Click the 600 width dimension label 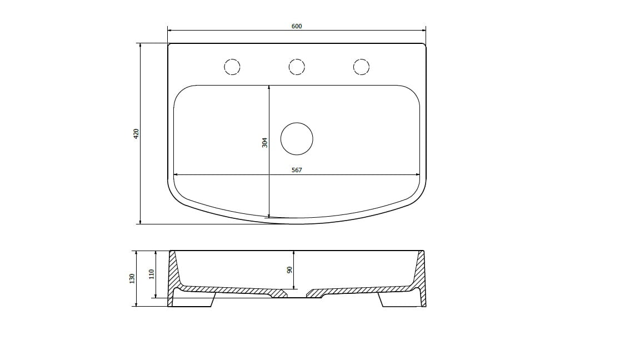[297, 26]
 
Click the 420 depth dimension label [136, 133]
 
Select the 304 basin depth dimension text [265, 142]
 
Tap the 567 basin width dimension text [297, 170]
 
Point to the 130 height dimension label [132, 279]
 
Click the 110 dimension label [152, 274]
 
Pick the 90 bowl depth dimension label [290, 270]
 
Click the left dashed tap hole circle [232, 59]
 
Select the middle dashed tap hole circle [297, 59]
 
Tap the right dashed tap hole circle [361, 59]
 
